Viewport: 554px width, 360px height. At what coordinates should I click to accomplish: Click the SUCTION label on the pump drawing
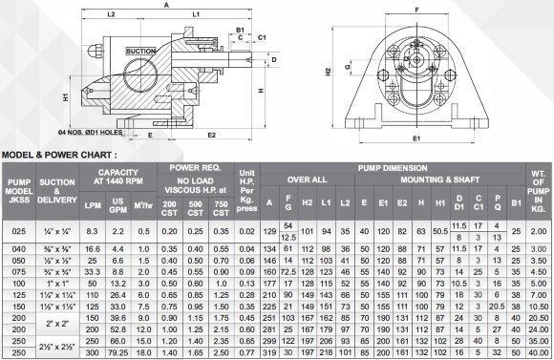140,51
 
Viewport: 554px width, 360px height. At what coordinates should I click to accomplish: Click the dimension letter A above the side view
168,5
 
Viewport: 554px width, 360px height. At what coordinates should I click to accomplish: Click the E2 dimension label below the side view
212,136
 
